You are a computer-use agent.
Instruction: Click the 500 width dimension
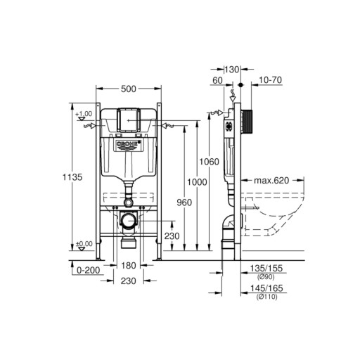[x=129, y=89]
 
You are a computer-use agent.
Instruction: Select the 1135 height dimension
[x=72, y=177]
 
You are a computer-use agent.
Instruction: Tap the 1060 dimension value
[x=209, y=162]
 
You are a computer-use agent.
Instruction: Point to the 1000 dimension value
[x=197, y=182]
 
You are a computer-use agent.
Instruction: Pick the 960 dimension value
[x=184, y=202]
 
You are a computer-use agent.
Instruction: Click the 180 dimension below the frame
[x=129, y=266]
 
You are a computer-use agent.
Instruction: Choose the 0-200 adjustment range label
[x=89, y=270]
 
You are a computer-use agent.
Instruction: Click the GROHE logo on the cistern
[x=129, y=144]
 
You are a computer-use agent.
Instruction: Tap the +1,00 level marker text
[x=84, y=114]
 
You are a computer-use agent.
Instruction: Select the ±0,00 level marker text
[x=84, y=244]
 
